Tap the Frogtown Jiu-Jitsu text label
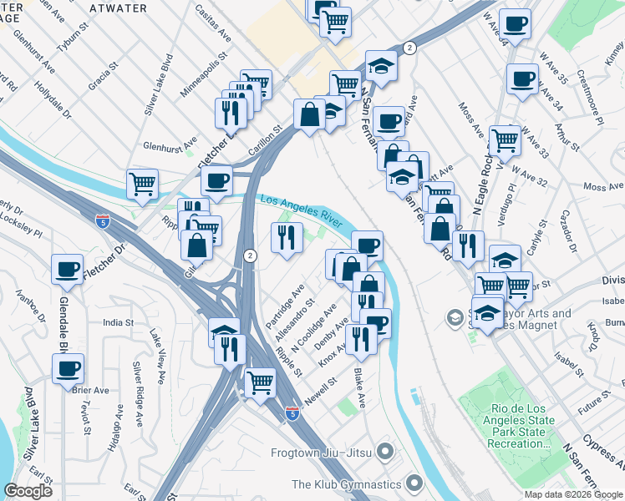(322, 453)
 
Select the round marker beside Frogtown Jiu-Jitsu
(385, 453)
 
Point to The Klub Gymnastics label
(345, 484)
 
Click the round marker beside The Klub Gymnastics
(414, 483)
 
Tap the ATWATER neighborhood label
(117, 8)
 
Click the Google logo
(28, 491)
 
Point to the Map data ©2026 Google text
(572, 494)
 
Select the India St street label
(118, 322)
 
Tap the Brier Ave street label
(91, 390)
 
